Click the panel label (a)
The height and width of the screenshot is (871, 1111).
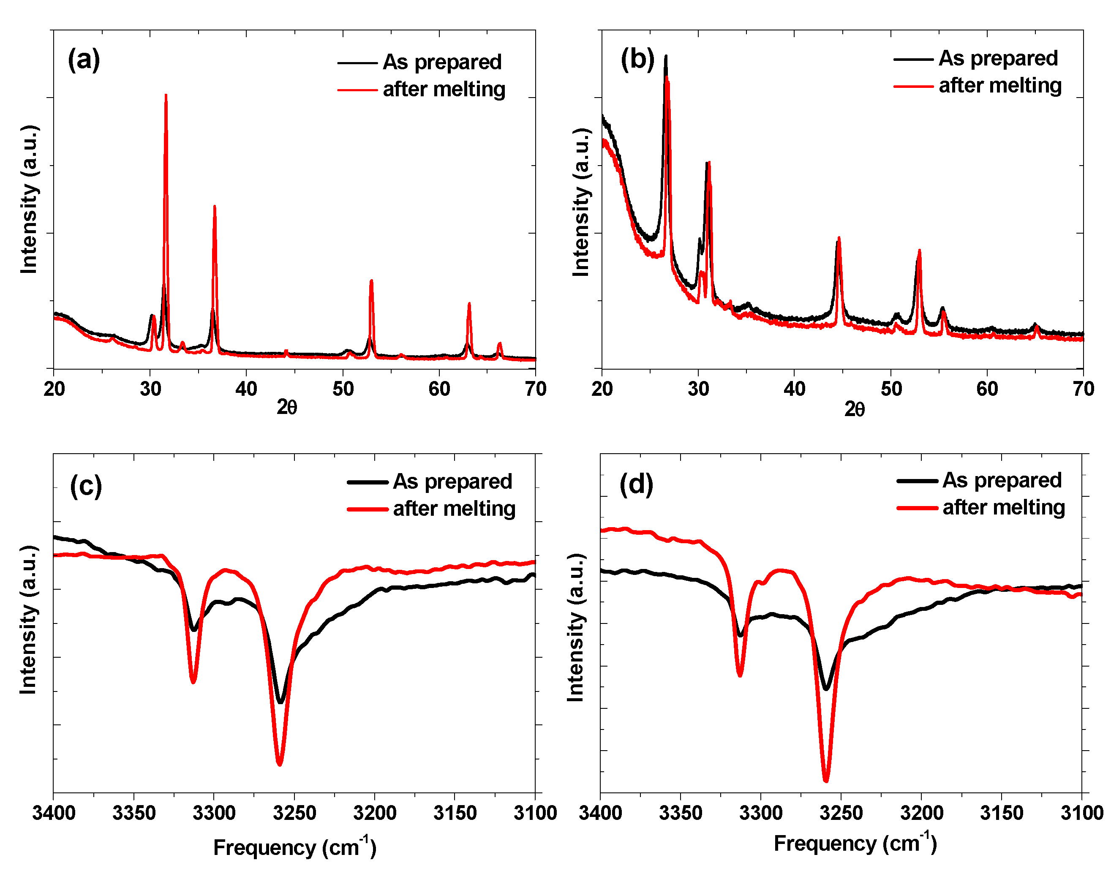84,60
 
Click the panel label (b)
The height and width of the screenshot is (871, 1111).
637,59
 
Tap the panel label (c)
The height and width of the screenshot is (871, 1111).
86,486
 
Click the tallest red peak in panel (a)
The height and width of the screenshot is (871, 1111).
166,96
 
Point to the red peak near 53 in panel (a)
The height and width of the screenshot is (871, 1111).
371,281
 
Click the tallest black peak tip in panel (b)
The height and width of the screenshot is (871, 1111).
665,57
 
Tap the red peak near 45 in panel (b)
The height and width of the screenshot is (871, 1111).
839,239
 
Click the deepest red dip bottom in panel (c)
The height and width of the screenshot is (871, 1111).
279,763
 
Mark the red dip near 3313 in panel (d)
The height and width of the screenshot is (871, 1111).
740,675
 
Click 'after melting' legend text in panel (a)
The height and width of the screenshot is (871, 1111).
444,89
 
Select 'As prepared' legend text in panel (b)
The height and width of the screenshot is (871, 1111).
998,58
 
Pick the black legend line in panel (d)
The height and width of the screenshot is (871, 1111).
917,481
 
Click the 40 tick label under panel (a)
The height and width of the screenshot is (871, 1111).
246,389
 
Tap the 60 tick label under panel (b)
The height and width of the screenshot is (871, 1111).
987,389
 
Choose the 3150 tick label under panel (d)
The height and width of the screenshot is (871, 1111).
1002,813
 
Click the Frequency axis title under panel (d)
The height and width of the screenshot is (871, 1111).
855,844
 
